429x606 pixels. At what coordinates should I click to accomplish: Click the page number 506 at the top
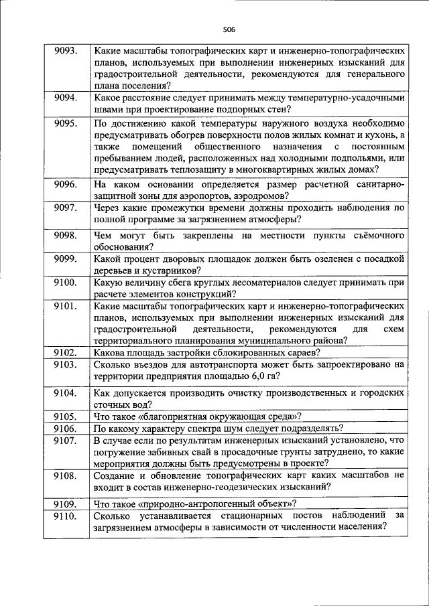pyautogui.click(x=229, y=29)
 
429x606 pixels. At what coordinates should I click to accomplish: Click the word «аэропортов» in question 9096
pyautogui.click(x=204, y=196)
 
